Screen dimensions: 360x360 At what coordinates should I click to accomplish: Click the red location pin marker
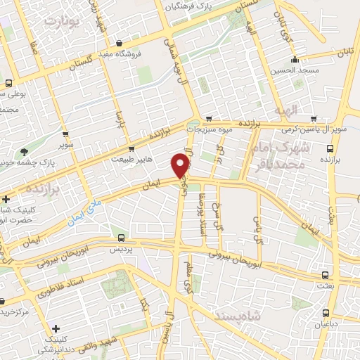[x=181, y=165]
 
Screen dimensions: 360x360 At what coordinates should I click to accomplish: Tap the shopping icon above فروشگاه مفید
[x=119, y=44]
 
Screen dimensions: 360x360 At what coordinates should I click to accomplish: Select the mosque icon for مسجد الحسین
[x=297, y=59]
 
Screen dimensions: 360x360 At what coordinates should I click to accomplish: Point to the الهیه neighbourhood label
[x=307, y=110]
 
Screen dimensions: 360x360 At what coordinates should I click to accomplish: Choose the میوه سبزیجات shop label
[x=213, y=130]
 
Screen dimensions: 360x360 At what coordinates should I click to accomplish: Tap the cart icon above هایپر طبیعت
[x=131, y=149]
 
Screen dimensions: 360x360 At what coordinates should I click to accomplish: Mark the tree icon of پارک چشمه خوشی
[x=25, y=152]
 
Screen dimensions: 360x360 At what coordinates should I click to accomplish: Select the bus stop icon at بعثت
[x=324, y=276]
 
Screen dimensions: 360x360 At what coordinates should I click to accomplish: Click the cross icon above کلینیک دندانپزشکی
[x=56, y=328]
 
